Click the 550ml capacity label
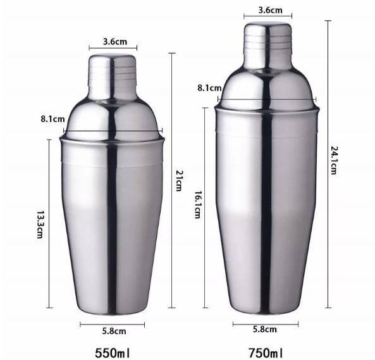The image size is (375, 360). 113,350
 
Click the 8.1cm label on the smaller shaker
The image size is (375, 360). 52,118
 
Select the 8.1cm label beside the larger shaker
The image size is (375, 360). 209,88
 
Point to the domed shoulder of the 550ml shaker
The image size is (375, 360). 113,114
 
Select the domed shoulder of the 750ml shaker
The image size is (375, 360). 267,85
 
